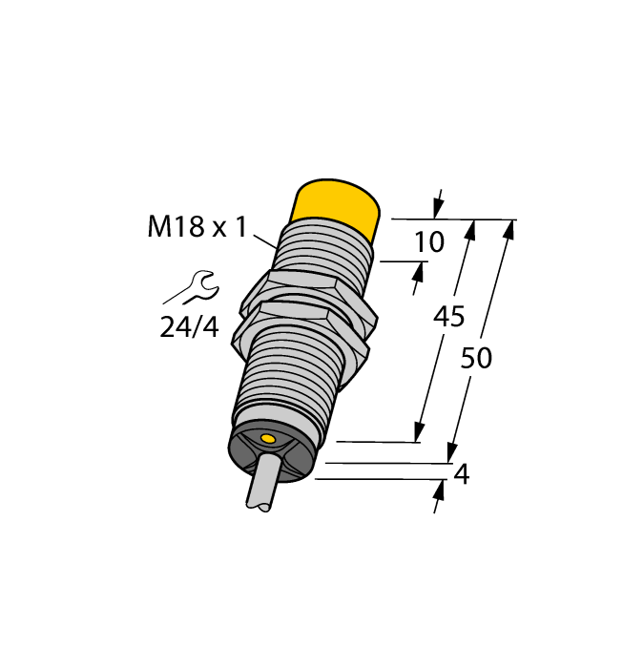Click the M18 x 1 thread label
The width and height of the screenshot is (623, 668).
(197, 228)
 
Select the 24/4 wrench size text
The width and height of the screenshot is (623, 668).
(189, 328)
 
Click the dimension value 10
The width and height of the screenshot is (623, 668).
(429, 242)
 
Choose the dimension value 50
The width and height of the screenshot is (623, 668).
(476, 359)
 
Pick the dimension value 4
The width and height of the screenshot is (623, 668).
(463, 474)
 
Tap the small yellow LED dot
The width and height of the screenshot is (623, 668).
(268, 439)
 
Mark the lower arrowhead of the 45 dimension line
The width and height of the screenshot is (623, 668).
(419, 432)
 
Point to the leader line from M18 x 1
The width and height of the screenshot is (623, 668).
(265, 239)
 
